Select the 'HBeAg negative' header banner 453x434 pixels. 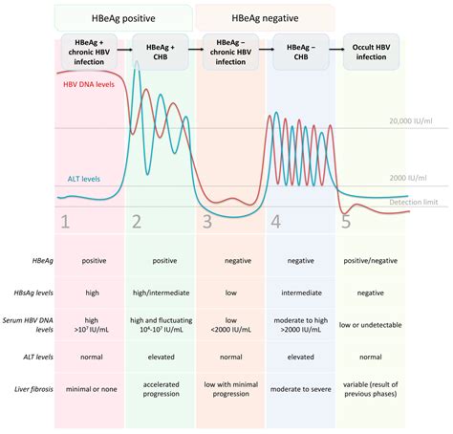[x=265, y=16]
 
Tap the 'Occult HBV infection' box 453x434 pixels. [x=372, y=50]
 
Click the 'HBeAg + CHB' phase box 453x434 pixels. [x=159, y=50]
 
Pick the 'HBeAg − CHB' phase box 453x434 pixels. [x=300, y=50]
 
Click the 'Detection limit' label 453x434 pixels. [x=419, y=202]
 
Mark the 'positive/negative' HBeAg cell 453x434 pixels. [x=372, y=271]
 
